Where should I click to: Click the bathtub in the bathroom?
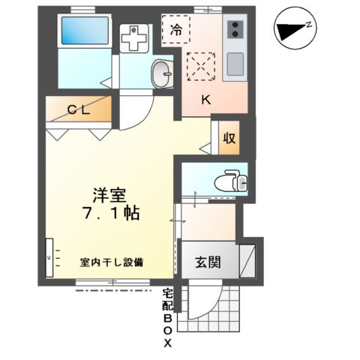coord(83,31)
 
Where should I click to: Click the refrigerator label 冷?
coord(176,31)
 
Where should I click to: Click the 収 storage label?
coord(229,139)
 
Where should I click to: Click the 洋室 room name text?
coord(109,193)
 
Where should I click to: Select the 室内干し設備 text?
coord(112,262)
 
